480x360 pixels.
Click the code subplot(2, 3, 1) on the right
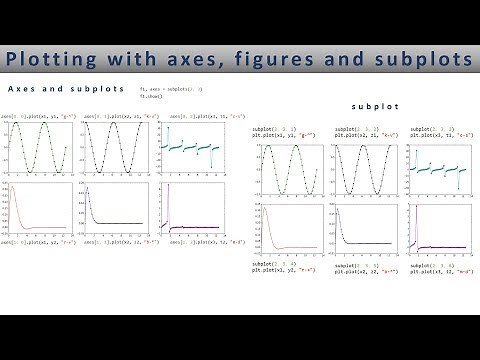tap(275, 129)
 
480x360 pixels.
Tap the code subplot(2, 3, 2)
tap(355, 129)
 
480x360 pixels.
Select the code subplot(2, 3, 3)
tap(431, 129)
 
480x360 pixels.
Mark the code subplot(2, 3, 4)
tap(276, 262)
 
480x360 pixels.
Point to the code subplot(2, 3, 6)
tap(431, 262)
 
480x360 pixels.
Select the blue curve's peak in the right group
tap(335, 210)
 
